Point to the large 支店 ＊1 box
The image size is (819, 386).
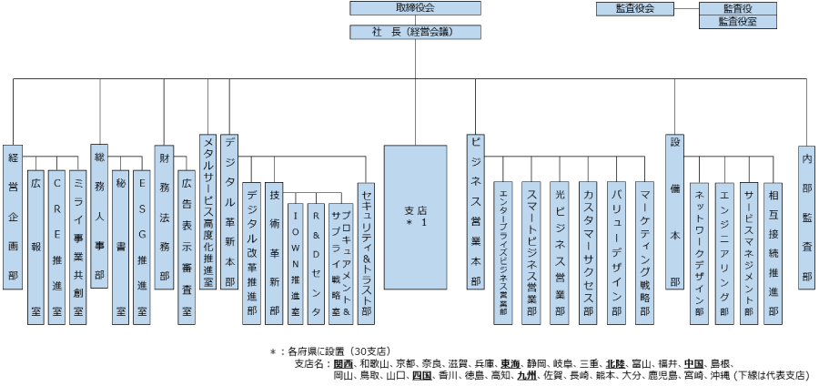(416, 217)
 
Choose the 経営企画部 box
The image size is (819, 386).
(13, 217)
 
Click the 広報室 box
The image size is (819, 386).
(35, 246)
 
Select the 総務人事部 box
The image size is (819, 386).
(99, 217)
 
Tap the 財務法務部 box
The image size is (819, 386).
(164, 217)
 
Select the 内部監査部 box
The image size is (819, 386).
(806, 217)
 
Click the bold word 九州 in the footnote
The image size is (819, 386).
(525, 374)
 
